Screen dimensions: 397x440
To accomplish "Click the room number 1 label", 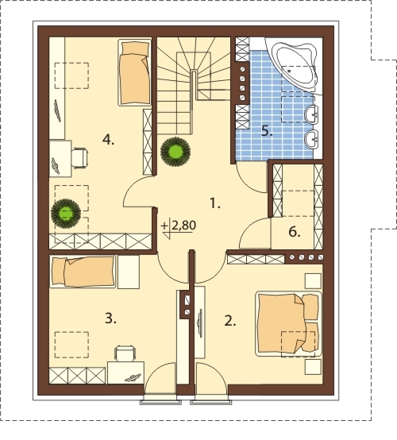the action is pyautogui.click(x=215, y=203).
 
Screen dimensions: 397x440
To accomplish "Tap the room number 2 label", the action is pyautogui.click(x=230, y=321).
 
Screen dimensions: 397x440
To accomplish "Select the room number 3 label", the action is pyautogui.click(x=110, y=318).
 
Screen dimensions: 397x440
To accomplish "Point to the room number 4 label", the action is pyautogui.click(x=108, y=140).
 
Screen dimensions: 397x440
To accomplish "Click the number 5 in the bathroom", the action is pyautogui.click(x=267, y=131).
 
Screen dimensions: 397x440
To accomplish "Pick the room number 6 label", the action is pyautogui.click(x=295, y=232).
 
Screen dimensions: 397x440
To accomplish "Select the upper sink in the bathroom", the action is pyautogui.click(x=311, y=115).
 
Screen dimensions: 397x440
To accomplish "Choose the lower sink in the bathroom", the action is pyautogui.click(x=311, y=139).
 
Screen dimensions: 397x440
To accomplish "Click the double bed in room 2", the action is pyautogui.click(x=288, y=324).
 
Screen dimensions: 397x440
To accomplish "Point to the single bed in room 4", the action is pyautogui.click(x=134, y=73).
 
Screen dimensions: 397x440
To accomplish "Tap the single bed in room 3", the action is pyautogui.click(x=83, y=272).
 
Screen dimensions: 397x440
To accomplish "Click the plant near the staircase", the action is pyautogui.click(x=175, y=152).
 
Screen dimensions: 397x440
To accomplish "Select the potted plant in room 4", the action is pyautogui.click(x=66, y=214).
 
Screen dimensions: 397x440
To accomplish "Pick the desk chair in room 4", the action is pyautogui.click(x=79, y=158).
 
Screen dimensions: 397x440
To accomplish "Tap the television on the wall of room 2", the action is pyautogui.click(x=200, y=322).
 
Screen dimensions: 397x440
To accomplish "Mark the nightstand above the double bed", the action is pyautogui.click(x=313, y=281).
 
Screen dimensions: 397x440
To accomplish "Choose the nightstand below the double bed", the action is pyautogui.click(x=313, y=367).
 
